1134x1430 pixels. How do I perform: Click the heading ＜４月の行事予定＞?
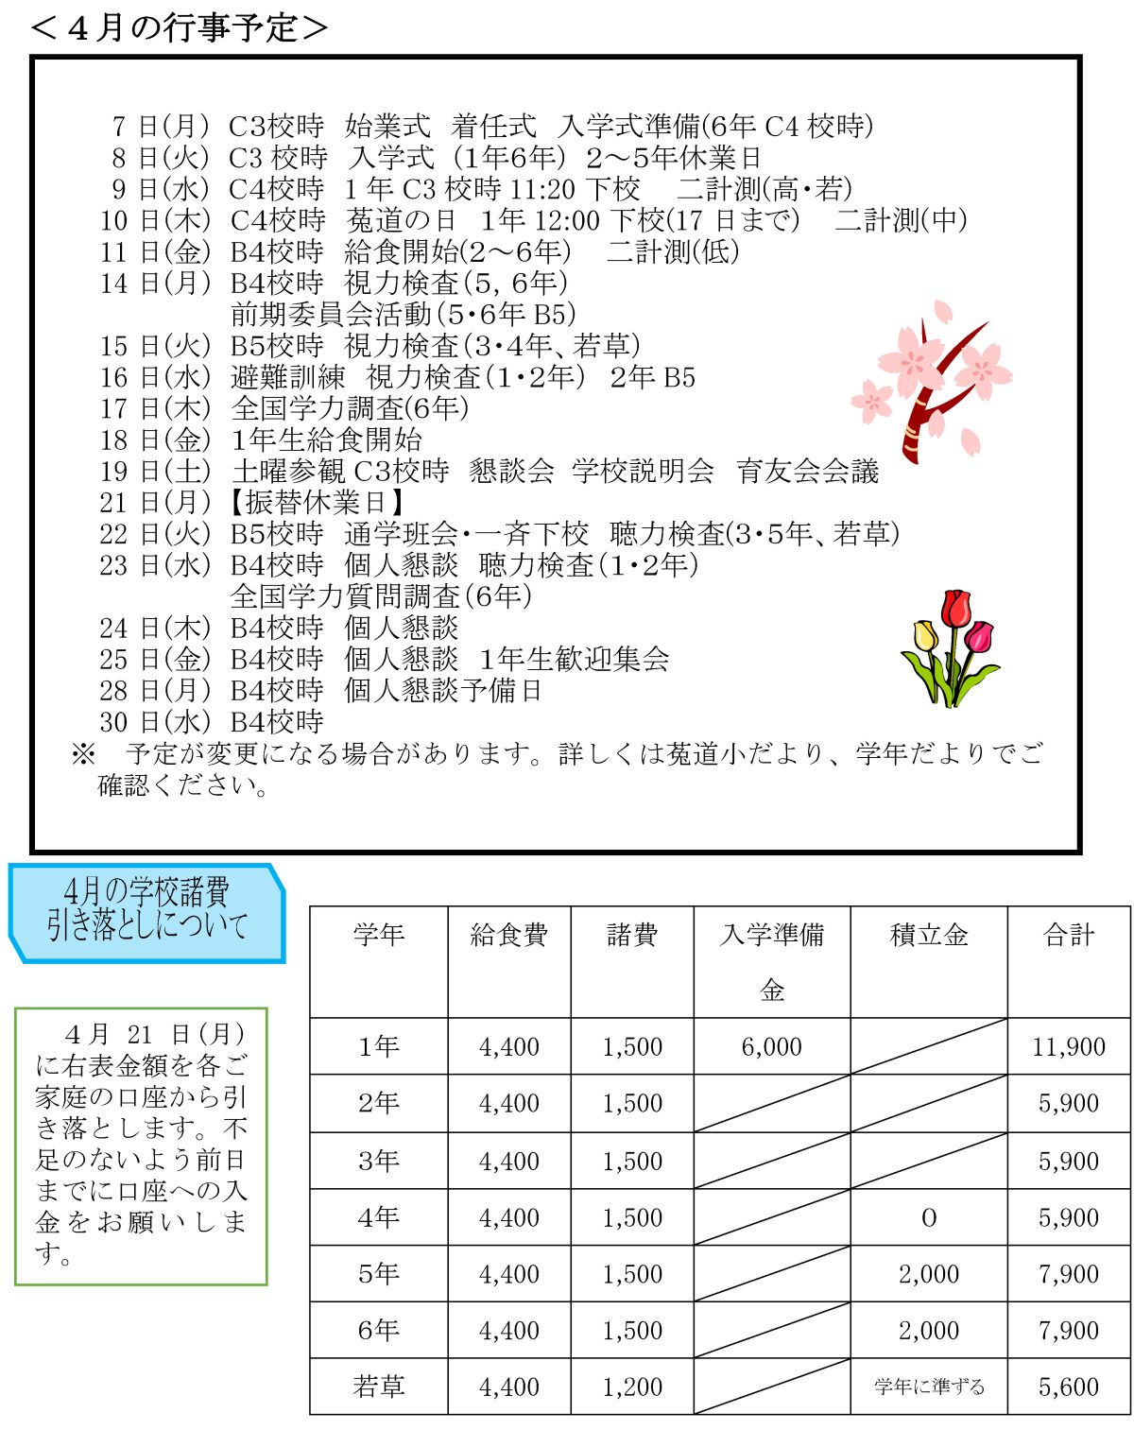pyautogui.click(x=179, y=27)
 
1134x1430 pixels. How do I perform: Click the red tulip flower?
pyautogui.click(x=956, y=610)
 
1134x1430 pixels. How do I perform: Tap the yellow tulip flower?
pyautogui.click(x=925, y=636)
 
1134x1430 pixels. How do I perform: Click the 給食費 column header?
pyautogui.click(x=509, y=935)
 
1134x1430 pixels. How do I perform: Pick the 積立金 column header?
pyautogui.click(x=929, y=935)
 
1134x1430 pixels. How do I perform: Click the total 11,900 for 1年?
pyautogui.click(x=1069, y=1046)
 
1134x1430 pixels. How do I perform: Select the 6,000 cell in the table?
pyautogui.click(x=771, y=1046)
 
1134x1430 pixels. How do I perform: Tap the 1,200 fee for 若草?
pyautogui.click(x=632, y=1387)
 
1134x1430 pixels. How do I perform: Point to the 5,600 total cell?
pyautogui.click(x=1069, y=1387)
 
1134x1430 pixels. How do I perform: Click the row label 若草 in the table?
pyautogui.click(x=378, y=1387)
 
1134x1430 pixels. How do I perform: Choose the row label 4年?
pyautogui.click(x=378, y=1217)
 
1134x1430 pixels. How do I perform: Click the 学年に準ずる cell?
pyautogui.click(x=929, y=1387)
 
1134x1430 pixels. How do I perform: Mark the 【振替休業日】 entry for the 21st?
pyautogui.click(x=318, y=503)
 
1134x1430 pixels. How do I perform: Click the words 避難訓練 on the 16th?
pyautogui.click(x=288, y=377)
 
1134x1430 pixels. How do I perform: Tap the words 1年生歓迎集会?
pyautogui.click(x=575, y=659)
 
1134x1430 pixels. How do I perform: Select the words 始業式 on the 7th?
pyautogui.click(x=387, y=126)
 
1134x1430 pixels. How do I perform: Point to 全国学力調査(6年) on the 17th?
pyautogui.click(x=350, y=408)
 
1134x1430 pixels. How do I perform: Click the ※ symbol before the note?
pyautogui.click(x=83, y=753)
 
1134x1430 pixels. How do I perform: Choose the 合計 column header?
pyautogui.click(x=1069, y=935)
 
